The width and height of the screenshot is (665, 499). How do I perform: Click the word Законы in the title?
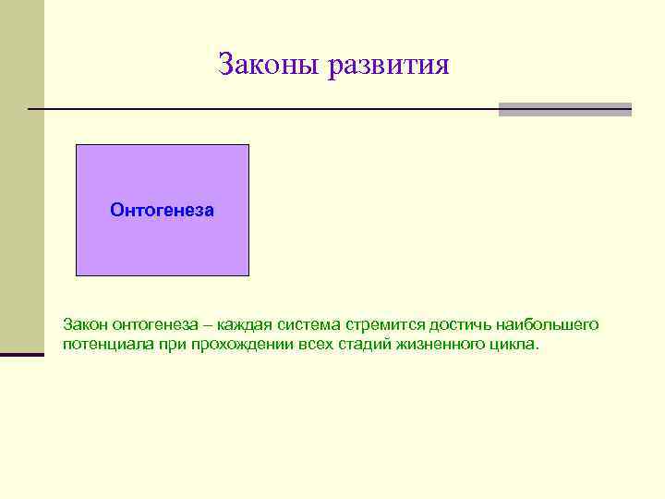268,65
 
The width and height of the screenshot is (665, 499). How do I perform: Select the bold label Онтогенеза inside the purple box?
162,211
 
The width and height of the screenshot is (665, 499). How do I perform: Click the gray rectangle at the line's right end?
564,109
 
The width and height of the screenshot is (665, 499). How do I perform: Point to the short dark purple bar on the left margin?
21,354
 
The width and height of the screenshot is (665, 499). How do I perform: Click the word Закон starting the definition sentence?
86,325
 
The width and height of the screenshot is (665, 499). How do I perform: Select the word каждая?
240,325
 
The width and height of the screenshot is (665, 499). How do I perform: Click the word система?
307,325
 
